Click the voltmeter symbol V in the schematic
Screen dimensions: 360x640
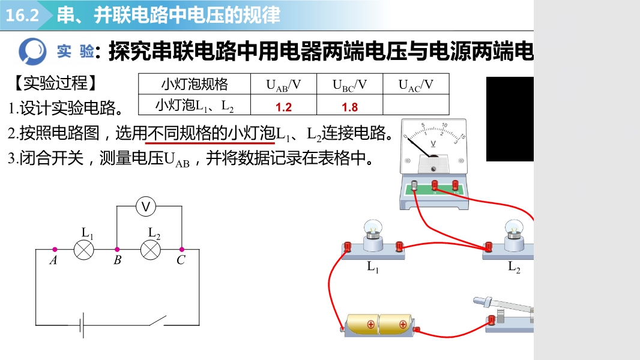coord(145,207)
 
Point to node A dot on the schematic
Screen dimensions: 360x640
coord(55,249)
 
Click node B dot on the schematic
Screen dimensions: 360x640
coord(117,249)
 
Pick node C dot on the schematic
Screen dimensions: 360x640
coord(182,249)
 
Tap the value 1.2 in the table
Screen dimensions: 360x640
coord(283,107)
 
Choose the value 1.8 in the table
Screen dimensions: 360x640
coord(350,107)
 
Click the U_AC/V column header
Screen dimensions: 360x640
coord(416,85)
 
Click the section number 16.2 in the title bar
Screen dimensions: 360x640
coord(22,16)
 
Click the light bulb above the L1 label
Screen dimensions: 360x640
coord(373,229)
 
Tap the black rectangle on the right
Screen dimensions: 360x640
coord(510,119)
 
